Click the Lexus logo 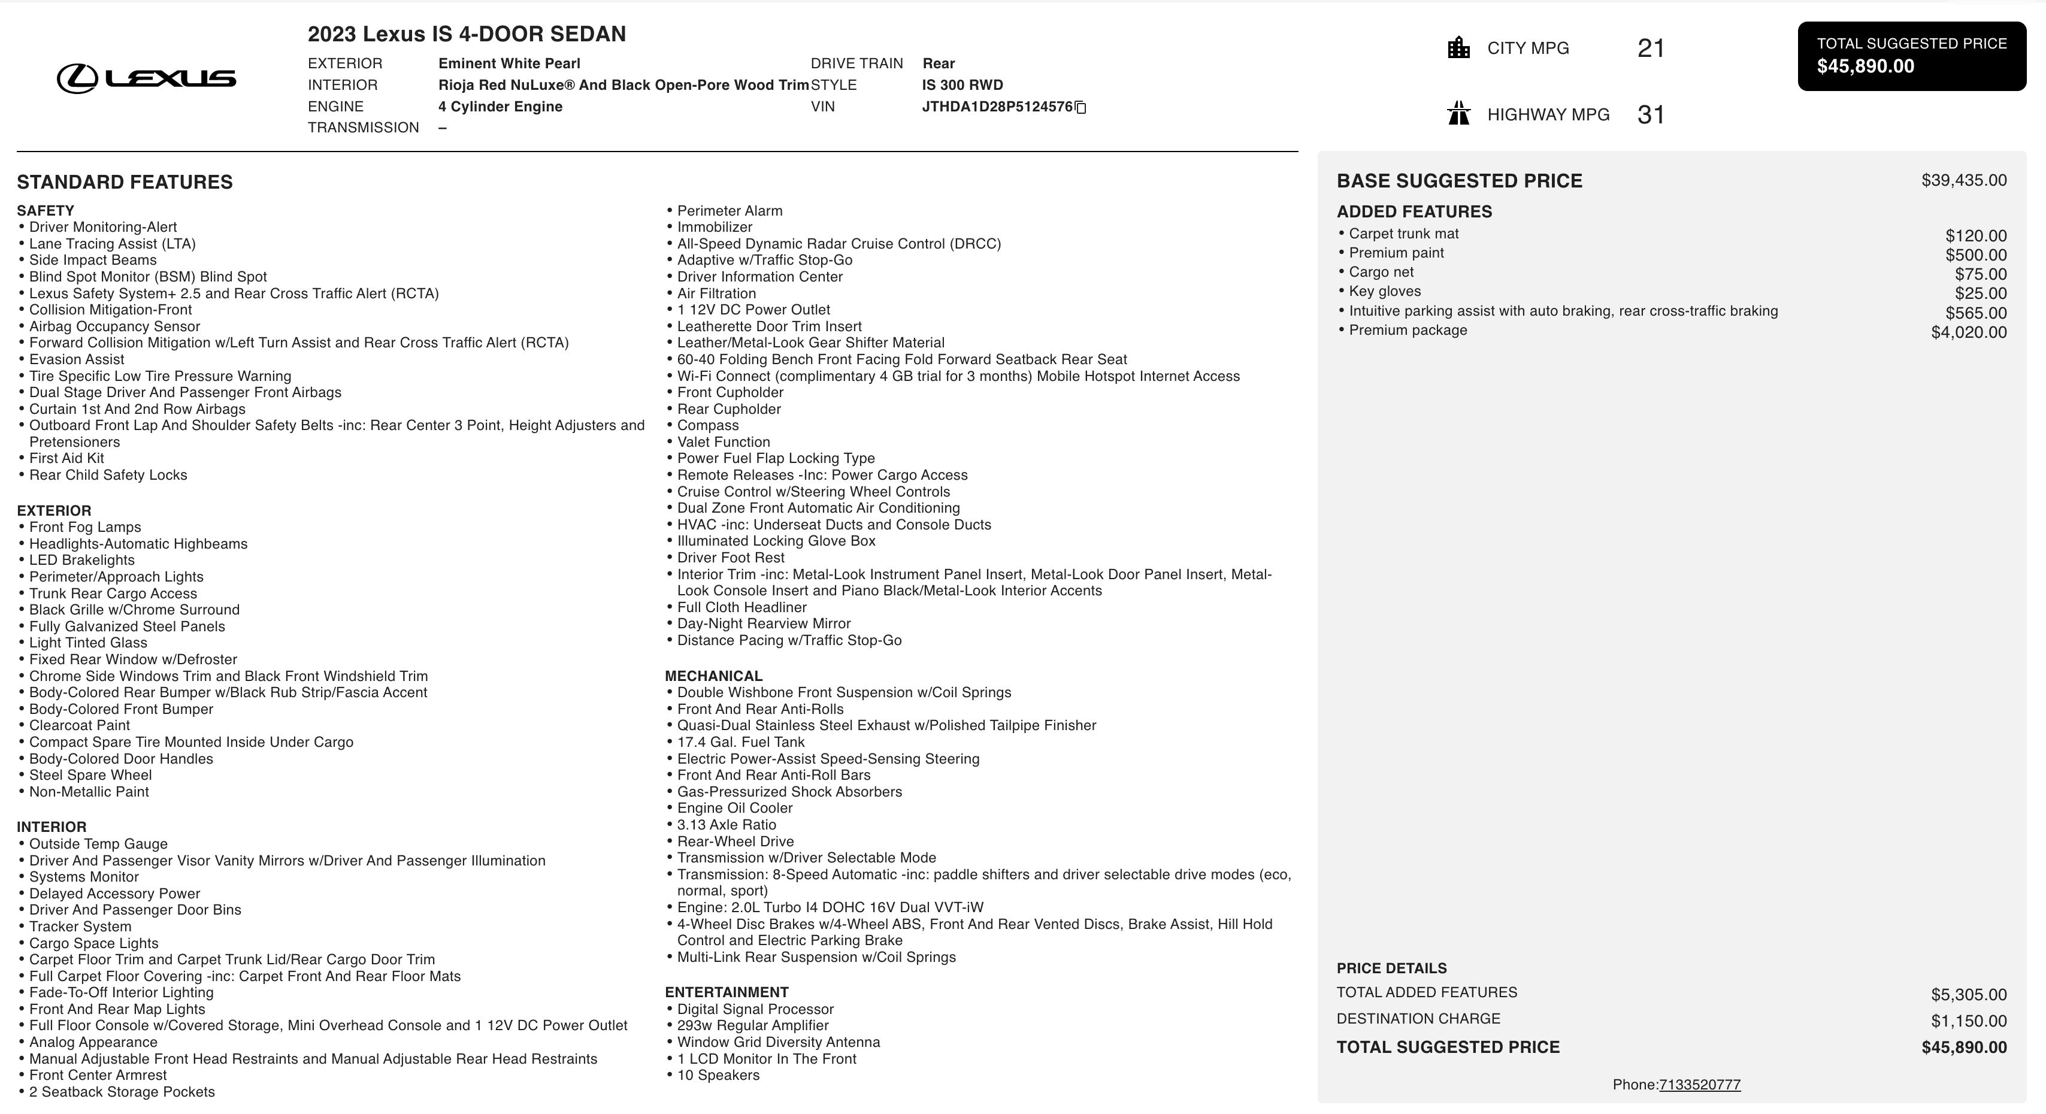pyautogui.click(x=146, y=78)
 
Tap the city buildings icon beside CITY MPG pyautogui.click(x=1458, y=48)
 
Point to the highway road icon pyautogui.click(x=1458, y=114)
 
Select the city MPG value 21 pyautogui.click(x=1651, y=49)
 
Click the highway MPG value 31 pyautogui.click(x=1651, y=115)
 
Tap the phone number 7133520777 pyautogui.click(x=1700, y=1085)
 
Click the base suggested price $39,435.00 pyautogui.click(x=1963, y=180)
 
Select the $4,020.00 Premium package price pyautogui.click(x=1968, y=332)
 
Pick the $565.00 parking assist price pyautogui.click(x=1975, y=313)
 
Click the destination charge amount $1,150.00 pyautogui.click(x=1968, y=1021)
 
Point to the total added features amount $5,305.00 pyautogui.click(x=1968, y=995)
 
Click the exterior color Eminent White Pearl pyautogui.click(x=509, y=63)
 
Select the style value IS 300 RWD pyautogui.click(x=963, y=85)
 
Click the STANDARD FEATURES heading pyautogui.click(x=125, y=183)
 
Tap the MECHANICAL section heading pyautogui.click(x=713, y=676)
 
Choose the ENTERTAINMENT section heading pyautogui.click(x=726, y=992)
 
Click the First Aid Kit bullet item pyautogui.click(x=66, y=458)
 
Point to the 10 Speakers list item pyautogui.click(x=718, y=1075)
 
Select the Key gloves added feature pyautogui.click(x=1384, y=292)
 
